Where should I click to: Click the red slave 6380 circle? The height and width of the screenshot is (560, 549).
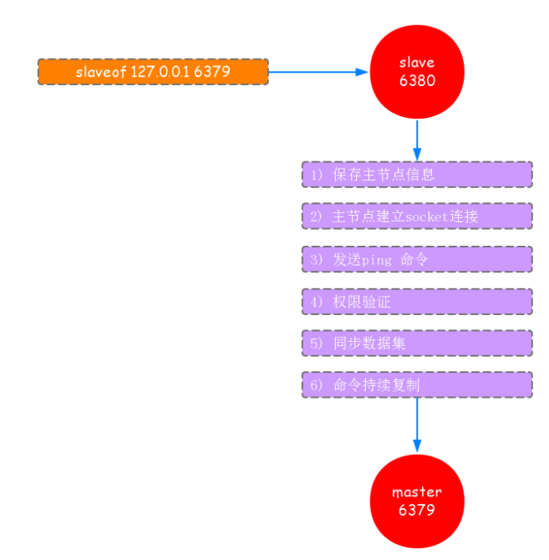click(x=416, y=73)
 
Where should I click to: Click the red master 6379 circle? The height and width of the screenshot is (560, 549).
click(x=416, y=501)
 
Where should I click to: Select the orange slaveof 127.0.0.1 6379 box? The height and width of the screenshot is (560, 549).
click(x=153, y=72)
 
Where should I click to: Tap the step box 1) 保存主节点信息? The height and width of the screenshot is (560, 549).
click(x=416, y=175)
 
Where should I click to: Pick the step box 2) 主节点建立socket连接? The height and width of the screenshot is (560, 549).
click(x=416, y=216)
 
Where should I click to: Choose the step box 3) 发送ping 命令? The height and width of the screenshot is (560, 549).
click(x=416, y=259)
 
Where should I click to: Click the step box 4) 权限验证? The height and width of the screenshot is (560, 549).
click(x=416, y=302)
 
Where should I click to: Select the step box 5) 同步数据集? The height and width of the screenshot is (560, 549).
click(x=416, y=343)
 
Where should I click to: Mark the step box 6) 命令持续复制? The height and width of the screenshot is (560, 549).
click(x=416, y=384)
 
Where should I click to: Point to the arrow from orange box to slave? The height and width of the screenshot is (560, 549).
click(x=318, y=72)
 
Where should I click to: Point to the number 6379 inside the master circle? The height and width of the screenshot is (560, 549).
click(x=416, y=510)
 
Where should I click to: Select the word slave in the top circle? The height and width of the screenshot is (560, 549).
click(x=416, y=64)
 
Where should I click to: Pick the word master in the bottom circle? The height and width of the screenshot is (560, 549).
click(x=416, y=492)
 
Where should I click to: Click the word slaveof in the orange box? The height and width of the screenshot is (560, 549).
click(x=101, y=72)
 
